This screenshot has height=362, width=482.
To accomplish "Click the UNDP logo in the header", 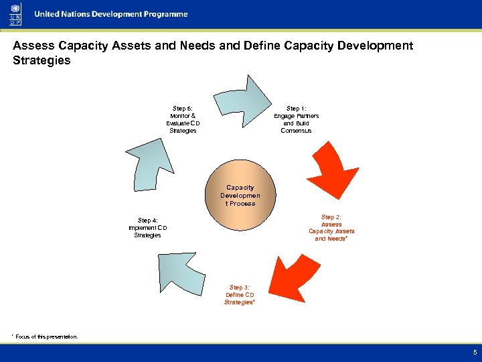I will (14, 14).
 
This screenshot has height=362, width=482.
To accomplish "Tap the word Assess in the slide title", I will (33, 46).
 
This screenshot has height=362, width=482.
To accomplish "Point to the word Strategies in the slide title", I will (42, 61).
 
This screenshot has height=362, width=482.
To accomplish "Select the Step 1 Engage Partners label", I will (296, 119).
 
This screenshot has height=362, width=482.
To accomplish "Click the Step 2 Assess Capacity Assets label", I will (331, 228).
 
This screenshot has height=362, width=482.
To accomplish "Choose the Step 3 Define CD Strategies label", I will (240, 295).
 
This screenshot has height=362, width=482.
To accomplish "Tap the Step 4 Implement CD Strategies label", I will (148, 228).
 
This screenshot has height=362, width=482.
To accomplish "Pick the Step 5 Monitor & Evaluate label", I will (183, 119).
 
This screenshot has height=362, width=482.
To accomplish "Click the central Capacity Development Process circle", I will (240, 195).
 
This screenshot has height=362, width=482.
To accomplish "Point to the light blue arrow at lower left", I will (185, 271).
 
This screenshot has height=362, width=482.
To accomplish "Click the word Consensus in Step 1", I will (296, 131).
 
